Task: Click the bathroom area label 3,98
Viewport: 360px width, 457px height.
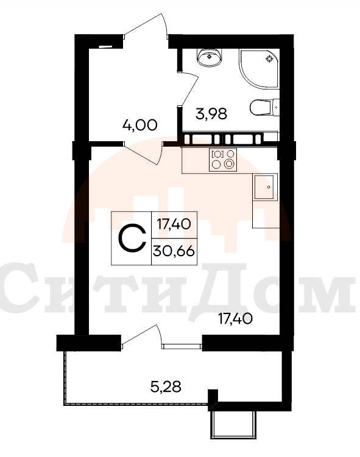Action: (211, 114)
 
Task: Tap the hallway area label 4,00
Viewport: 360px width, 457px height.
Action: (140, 125)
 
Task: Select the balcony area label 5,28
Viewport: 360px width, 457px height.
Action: (166, 387)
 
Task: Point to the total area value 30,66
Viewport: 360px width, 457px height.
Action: (174, 251)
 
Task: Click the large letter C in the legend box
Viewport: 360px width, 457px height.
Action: (132, 238)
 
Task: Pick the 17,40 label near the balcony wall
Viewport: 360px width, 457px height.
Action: (235, 318)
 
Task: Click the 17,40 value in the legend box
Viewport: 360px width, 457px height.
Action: (174, 224)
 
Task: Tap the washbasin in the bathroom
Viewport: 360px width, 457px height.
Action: (210, 57)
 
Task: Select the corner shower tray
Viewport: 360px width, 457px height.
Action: (258, 68)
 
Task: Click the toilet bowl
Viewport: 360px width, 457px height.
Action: (264, 108)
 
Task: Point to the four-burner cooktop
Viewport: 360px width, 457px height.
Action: (223, 159)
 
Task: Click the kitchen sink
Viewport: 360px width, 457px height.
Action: (265, 187)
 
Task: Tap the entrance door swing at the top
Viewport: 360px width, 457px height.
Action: (146, 26)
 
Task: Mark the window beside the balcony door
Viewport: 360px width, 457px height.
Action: (182, 346)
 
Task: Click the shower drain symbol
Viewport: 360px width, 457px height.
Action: (269, 58)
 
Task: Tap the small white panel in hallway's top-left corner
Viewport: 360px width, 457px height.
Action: (105, 46)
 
